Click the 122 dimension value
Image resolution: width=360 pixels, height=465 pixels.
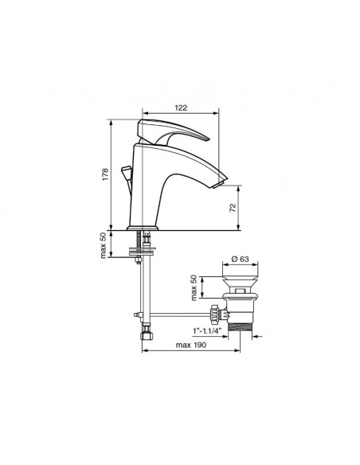[181, 107]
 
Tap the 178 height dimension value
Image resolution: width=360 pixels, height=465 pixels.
[105, 174]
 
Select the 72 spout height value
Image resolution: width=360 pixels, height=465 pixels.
[233, 207]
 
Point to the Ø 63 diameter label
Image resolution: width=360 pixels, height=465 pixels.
[240, 259]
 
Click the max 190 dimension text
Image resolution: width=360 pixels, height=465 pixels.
[190, 345]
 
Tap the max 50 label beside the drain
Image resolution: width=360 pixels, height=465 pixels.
[194, 287]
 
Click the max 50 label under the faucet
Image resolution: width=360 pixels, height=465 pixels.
[103, 245]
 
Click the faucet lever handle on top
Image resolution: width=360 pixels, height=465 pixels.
[174, 131]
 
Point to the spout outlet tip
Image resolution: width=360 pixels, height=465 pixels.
[220, 185]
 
